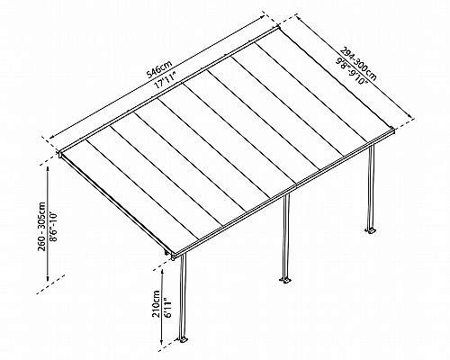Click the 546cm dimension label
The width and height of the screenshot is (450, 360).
[160, 70]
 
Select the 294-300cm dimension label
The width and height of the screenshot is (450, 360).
[358, 64]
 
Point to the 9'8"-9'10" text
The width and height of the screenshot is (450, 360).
[352, 72]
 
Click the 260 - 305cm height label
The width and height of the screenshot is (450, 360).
[41, 227]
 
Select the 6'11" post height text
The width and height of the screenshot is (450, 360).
[166, 307]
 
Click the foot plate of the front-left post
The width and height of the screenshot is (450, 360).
[183, 340]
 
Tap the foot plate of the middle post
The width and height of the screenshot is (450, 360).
[285, 281]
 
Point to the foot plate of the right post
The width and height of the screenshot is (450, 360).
[371, 230]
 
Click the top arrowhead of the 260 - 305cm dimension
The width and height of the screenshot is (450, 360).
[48, 170]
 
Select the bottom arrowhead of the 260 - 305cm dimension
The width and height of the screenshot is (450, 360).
[48, 278]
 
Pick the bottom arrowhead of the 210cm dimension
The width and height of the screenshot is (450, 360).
[162, 341]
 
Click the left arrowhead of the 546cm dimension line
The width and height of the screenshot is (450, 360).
[53, 136]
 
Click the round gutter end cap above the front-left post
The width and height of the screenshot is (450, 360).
[174, 257]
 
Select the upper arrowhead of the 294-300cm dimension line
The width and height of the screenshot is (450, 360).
[300, 20]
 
